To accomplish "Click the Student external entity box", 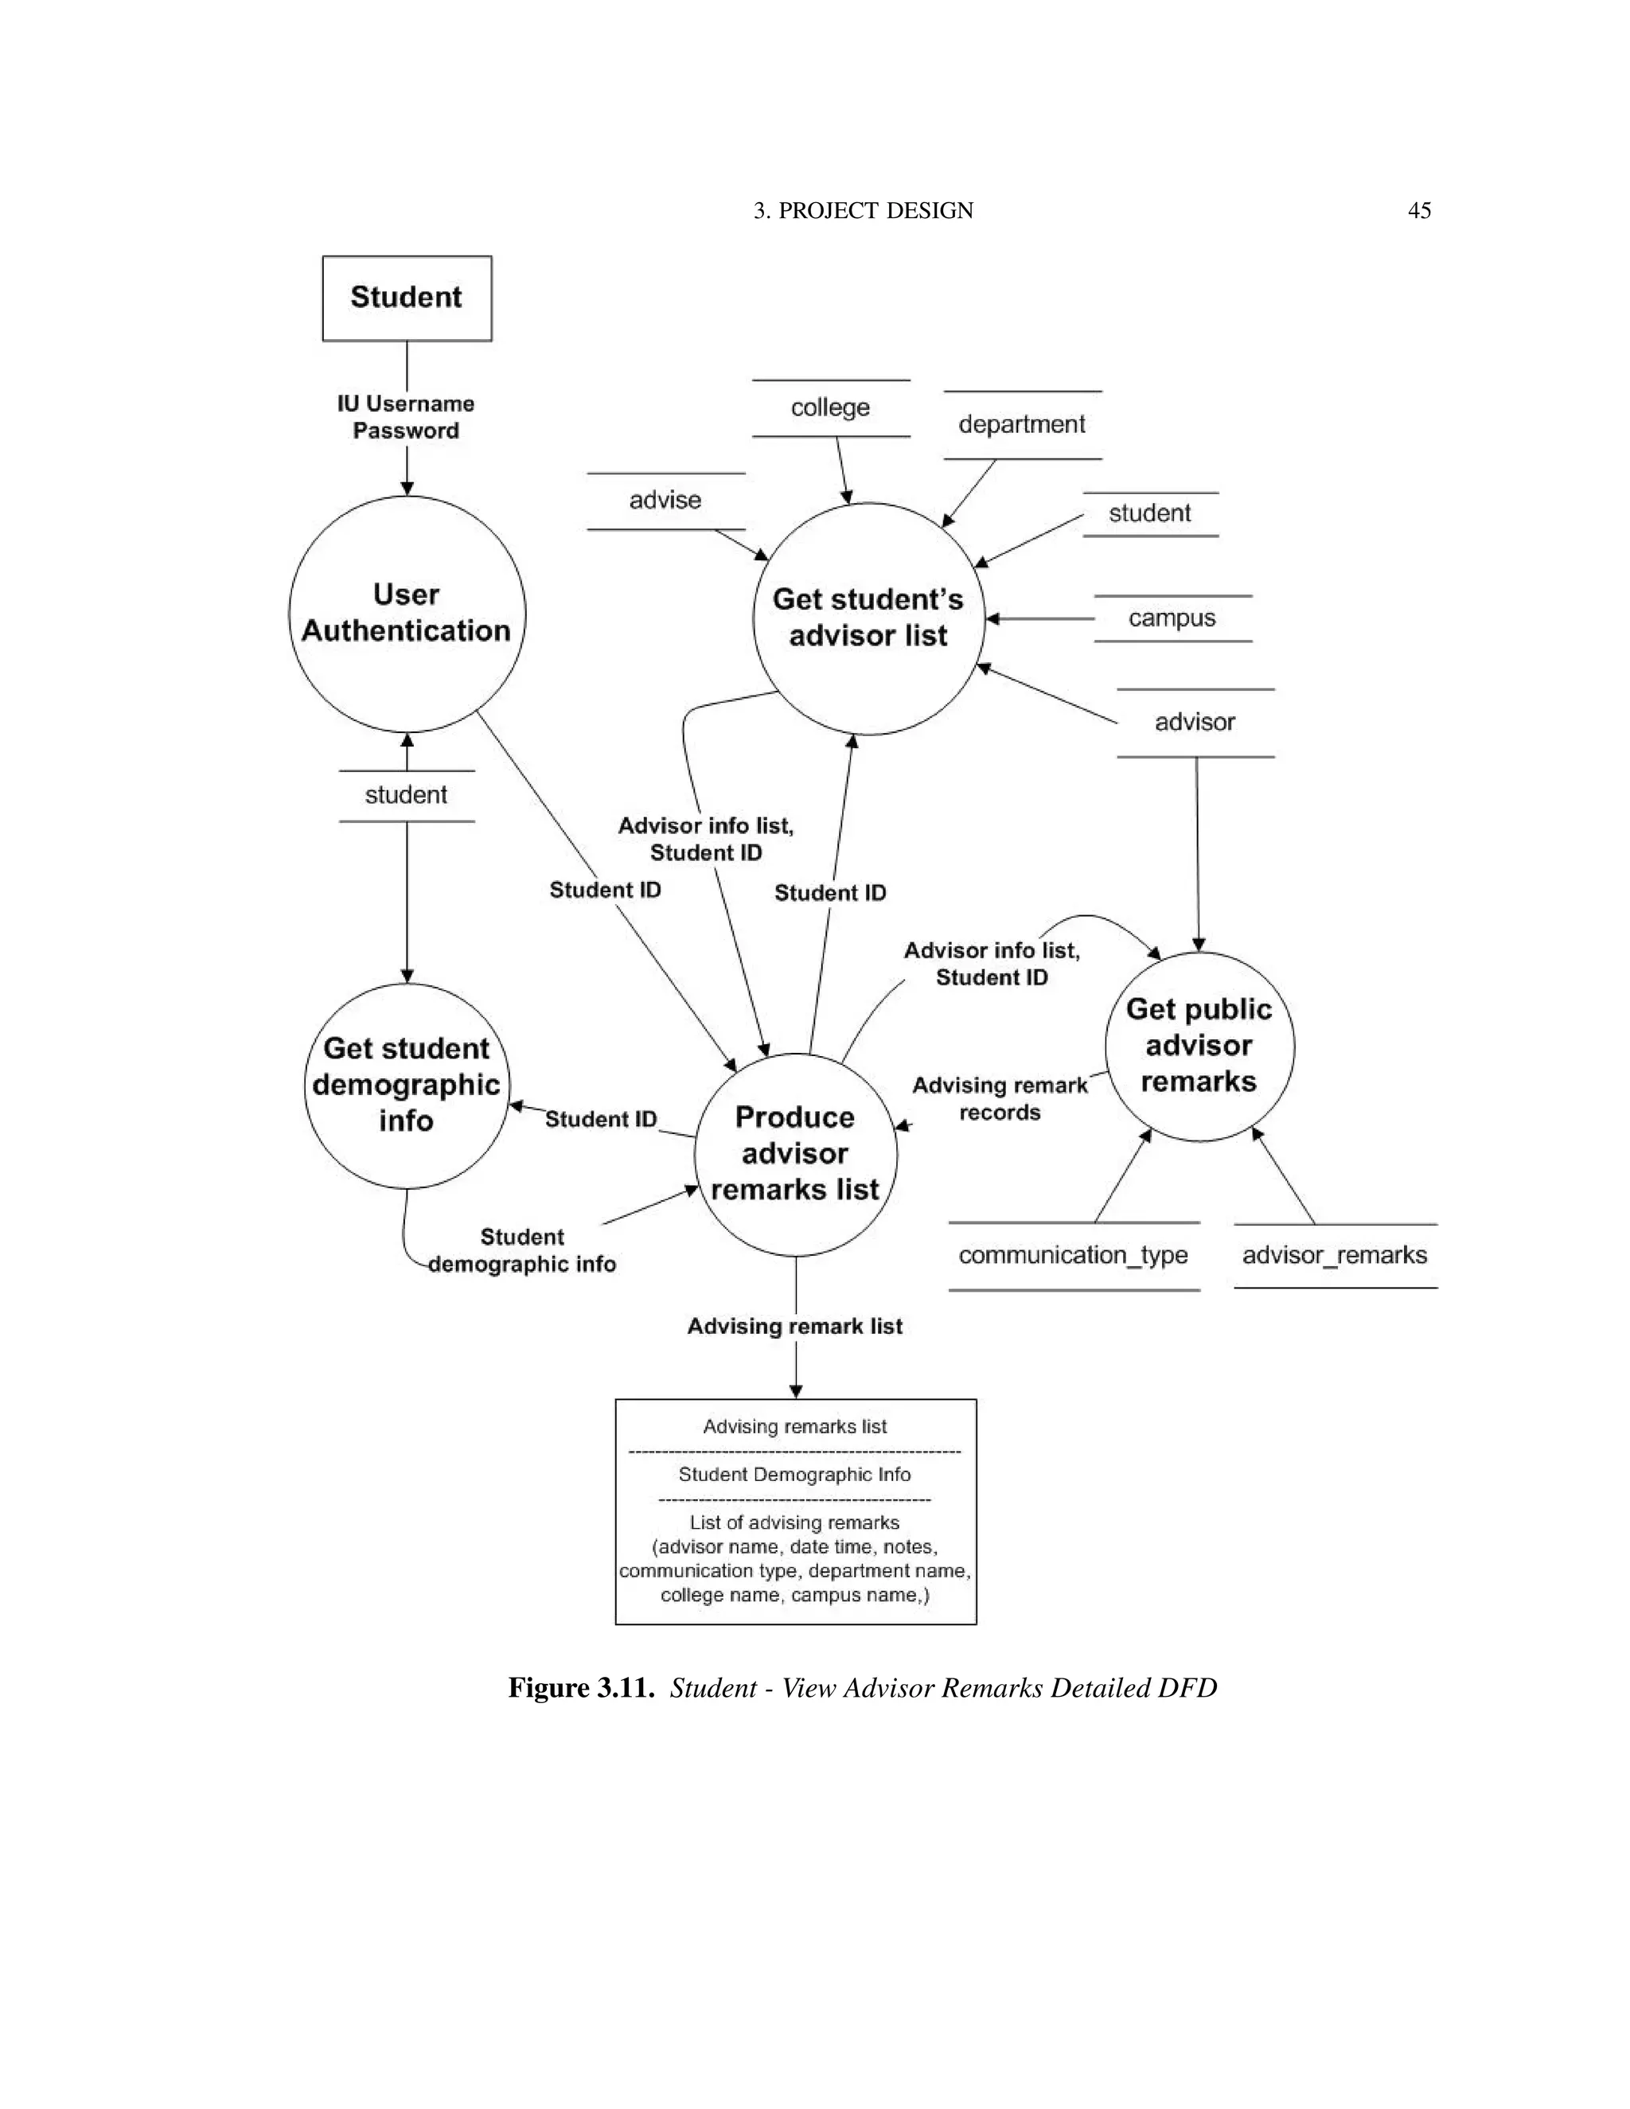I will pyautogui.click(x=407, y=298).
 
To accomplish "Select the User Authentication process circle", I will pyautogui.click(x=407, y=612).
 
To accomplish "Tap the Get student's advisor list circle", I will pyautogui.click(x=868, y=618).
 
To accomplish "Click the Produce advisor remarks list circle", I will pyautogui.click(x=795, y=1154).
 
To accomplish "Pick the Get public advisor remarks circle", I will pyautogui.click(x=1199, y=1046).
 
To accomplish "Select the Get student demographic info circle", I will pyautogui.click(x=407, y=1085).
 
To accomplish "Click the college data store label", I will pyautogui.click(x=830, y=407).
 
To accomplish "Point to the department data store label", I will pyautogui.click(x=1022, y=424).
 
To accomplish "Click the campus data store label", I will pyautogui.click(x=1172, y=618).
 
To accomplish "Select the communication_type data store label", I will pyautogui.click(x=1073, y=1254).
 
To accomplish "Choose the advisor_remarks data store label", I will pyautogui.click(x=1335, y=1254).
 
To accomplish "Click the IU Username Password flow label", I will pyautogui.click(x=406, y=417).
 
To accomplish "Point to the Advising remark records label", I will pyautogui.click(x=1000, y=1099).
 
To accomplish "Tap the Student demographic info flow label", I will pyautogui.click(x=522, y=1250).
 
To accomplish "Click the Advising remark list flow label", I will pyautogui.click(x=795, y=1326).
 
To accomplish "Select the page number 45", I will pyautogui.click(x=1418, y=211).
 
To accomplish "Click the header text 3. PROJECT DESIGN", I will pyautogui.click(x=864, y=211).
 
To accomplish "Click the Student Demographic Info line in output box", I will pyautogui.click(x=795, y=1475).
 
